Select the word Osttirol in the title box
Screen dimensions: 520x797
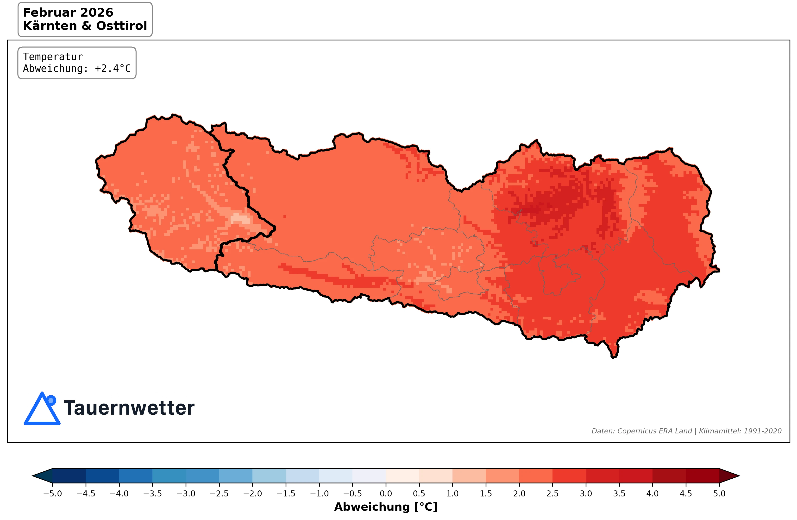[122, 26]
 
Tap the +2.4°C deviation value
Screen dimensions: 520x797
[113, 69]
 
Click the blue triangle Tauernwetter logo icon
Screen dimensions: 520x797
[42, 409]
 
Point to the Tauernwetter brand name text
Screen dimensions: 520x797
[129, 408]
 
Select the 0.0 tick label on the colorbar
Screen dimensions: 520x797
[386, 494]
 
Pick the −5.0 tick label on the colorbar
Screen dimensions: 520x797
[53, 494]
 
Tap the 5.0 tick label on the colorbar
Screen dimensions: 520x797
[719, 494]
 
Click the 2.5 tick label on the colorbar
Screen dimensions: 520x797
[552, 494]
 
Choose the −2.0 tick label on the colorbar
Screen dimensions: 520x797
[252, 494]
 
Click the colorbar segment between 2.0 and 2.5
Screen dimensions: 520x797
[536, 476]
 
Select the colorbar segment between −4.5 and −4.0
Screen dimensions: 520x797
[102, 476]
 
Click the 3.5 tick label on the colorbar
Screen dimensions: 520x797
[619, 494]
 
